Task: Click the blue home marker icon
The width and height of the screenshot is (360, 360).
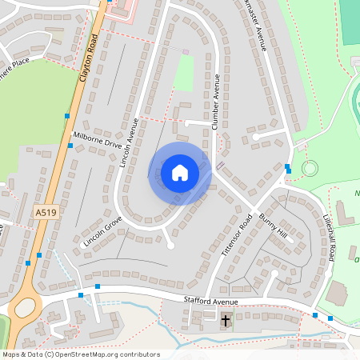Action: click(x=180, y=173)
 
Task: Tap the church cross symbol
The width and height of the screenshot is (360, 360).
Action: click(x=226, y=321)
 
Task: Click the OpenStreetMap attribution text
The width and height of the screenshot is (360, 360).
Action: click(x=80, y=354)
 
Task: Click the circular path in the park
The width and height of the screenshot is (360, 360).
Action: click(x=309, y=169)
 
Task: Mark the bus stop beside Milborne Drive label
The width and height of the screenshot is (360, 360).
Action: click(x=70, y=144)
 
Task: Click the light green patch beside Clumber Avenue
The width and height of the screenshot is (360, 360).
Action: click(x=185, y=72)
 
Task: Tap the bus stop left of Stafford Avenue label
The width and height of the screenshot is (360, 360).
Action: click(x=98, y=286)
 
